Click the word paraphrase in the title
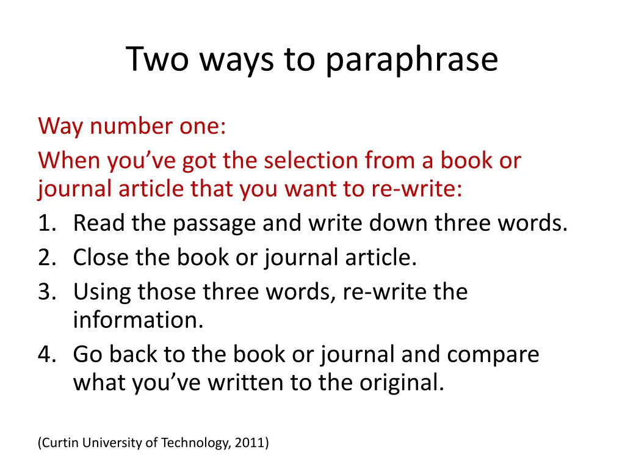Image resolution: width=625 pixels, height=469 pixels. [411, 60]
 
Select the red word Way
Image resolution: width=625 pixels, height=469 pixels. [60, 126]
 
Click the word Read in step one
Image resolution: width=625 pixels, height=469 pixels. [99, 224]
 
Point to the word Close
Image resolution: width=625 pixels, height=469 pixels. [100, 258]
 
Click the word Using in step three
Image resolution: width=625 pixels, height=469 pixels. [102, 293]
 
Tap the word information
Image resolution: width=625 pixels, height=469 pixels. [138, 320]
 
